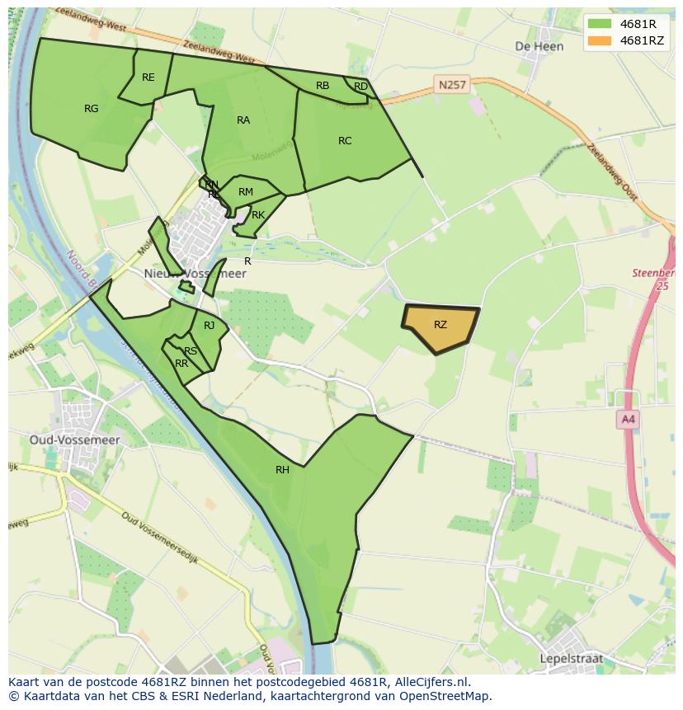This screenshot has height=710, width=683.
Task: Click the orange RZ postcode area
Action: tap(441, 327)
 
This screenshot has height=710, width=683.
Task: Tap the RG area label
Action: tap(92, 108)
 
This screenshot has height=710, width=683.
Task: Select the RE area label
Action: tap(148, 78)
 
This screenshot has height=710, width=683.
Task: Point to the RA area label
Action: tap(243, 120)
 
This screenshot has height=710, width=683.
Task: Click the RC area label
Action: tap(345, 141)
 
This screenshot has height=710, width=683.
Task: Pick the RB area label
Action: tap(323, 86)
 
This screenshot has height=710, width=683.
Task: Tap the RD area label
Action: tap(360, 87)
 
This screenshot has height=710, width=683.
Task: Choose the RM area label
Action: tap(245, 192)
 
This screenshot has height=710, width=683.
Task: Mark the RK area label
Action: tap(258, 215)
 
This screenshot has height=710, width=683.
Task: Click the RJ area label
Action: tap(210, 326)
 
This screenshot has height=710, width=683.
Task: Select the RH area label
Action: tap(282, 470)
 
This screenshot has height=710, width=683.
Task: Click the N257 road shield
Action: tap(451, 84)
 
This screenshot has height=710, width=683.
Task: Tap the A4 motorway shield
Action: tap(629, 420)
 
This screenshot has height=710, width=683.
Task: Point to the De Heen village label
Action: tap(539, 46)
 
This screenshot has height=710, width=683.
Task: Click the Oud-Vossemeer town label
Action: tap(75, 440)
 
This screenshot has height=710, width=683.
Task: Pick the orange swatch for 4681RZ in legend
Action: tap(600, 40)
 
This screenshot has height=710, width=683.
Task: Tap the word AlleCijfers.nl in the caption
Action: tap(430, 682)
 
